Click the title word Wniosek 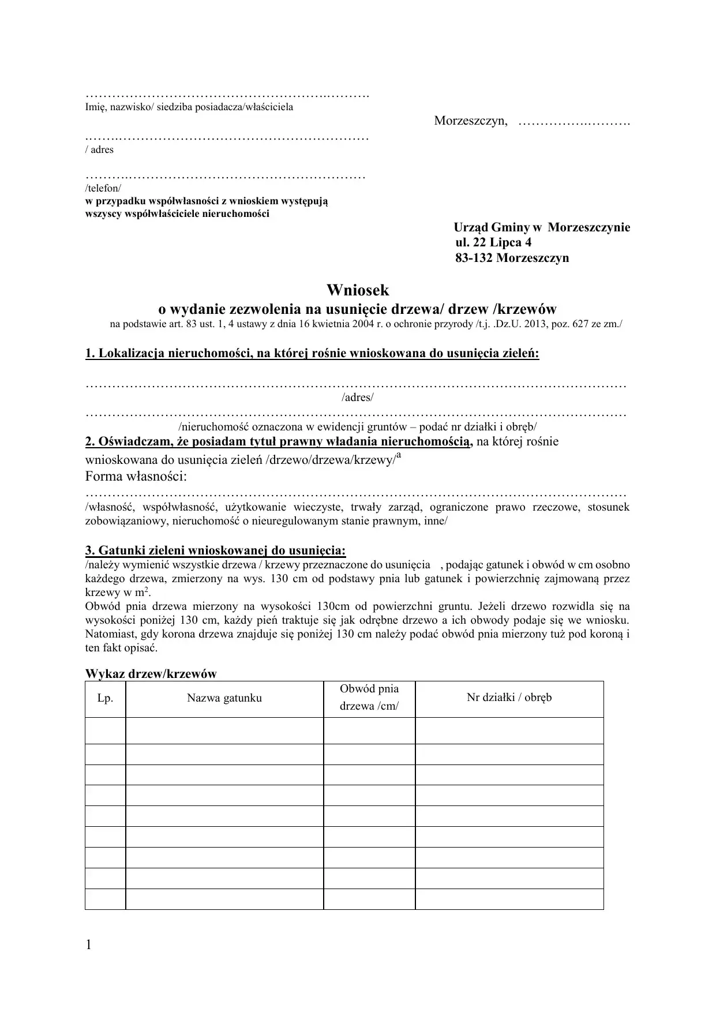[358, 290]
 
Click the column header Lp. [105, 698]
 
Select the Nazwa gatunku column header [224, 698]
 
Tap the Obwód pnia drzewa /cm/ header [369, 698]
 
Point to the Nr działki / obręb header [509, 698]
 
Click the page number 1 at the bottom [88, 944]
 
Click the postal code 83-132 [474, 258]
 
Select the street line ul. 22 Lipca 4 [493, 242]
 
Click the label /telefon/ [103, 189]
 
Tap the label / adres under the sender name [99, 150]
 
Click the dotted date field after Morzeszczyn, [573, 122]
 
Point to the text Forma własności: [136, 477]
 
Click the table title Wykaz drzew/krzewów [151, 673]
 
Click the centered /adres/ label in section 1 [358, 398]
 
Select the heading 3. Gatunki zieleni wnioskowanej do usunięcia [215, 550]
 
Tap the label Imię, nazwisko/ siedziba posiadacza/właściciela [189, 107]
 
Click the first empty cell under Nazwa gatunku [224, 730]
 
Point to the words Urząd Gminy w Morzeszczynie [542, 227]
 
